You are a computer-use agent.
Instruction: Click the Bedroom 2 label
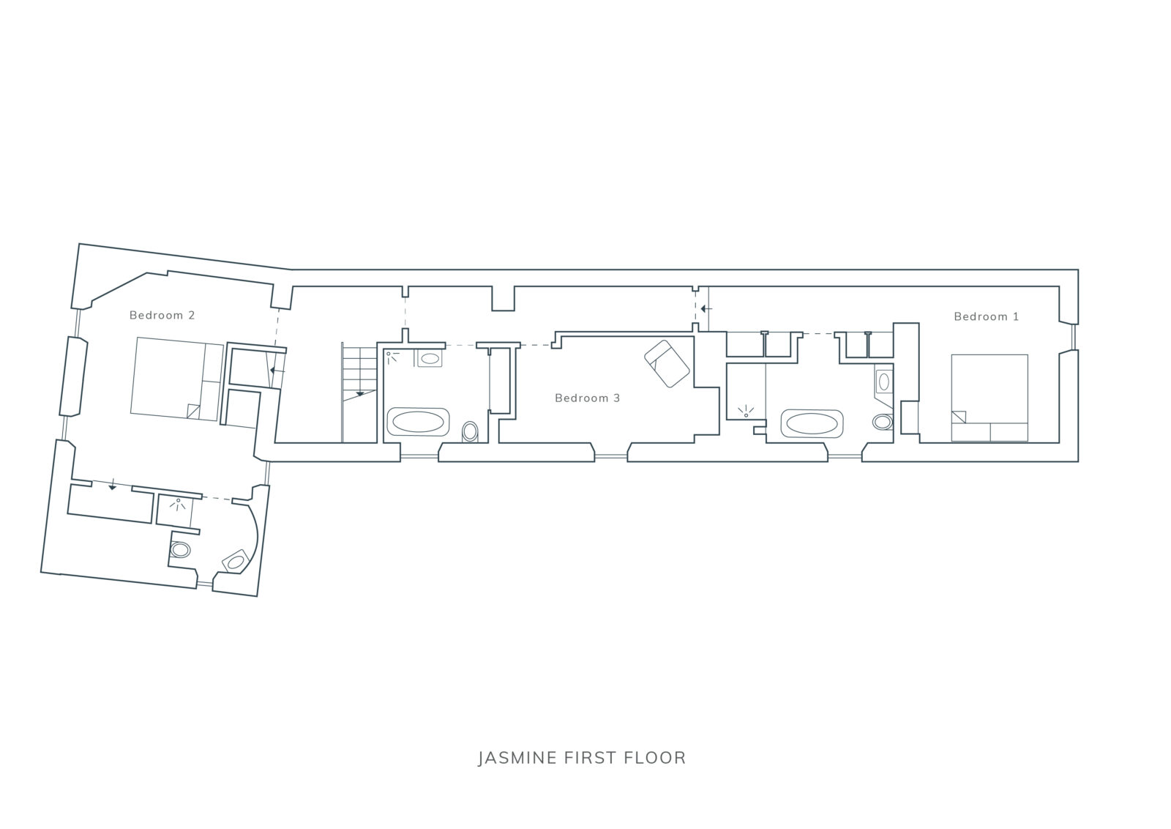[x=162, y=316]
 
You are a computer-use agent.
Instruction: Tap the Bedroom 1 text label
[x=987, y=316]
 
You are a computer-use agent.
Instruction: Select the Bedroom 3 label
[x=587, y=398]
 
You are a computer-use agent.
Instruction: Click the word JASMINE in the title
[x=517, y=758]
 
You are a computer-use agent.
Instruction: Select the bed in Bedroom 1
[x=989, y=398]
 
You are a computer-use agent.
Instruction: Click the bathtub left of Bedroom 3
[x=418, y=422]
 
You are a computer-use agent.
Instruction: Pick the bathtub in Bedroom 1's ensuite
[x=812, y=423]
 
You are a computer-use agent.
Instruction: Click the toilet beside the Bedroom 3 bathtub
[x=470, y=432]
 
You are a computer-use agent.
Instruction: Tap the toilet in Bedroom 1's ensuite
[x=883, y=422]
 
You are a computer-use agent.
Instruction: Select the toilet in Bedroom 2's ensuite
[x=180, y=550]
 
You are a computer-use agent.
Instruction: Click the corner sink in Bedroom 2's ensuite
[x=236, y=562]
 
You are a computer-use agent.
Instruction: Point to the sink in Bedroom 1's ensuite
[x=883, y=382]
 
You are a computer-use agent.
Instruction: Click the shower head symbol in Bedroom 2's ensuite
[x=178, y=505]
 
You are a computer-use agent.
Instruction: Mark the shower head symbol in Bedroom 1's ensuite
[x=746, y=412]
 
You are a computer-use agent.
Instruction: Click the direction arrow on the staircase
[x=359, y=393]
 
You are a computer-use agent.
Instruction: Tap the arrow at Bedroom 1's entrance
[x=706, y=309]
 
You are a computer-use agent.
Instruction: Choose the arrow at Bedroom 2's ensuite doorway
[x=112, y=486]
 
